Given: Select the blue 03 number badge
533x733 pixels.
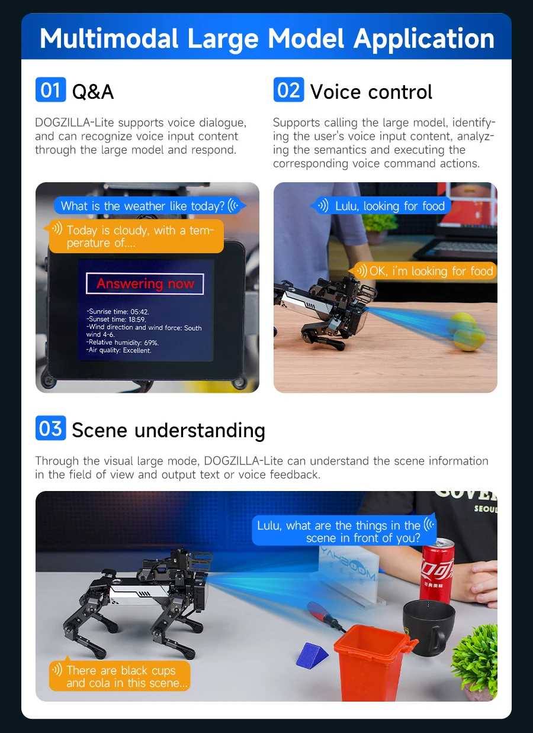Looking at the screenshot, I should [x=50, y=428].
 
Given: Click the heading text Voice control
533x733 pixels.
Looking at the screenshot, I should [x=371, y=92].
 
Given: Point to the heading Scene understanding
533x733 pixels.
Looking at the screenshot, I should [x=168, y=430].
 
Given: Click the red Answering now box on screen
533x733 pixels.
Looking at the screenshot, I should [x=145, y=284].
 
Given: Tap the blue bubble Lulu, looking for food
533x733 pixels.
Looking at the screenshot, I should [x=382, y=206].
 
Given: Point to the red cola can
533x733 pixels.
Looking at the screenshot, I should [x=437, y=571].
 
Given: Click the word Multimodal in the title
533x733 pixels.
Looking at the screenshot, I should [x=109, y=38].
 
